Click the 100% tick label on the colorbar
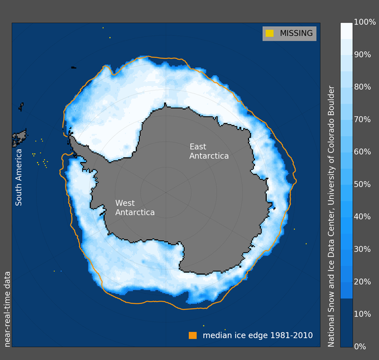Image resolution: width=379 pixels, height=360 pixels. pos(365,22)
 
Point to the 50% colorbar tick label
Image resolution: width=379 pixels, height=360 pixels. pos(362,184)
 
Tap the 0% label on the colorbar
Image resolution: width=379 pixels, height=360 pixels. pos(360,346)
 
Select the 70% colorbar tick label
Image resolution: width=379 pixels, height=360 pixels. pos(362,119)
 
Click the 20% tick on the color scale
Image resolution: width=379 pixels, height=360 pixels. pos(362,282)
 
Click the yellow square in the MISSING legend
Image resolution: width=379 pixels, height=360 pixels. pos(269,33)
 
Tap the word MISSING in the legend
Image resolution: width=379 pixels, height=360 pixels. pos(296,33)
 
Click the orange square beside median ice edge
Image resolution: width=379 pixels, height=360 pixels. pos(192,336)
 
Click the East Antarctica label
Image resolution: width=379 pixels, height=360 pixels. pos(209,151)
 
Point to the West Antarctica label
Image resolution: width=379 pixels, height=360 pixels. pos(135,207)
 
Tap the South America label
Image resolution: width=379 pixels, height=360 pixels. pos(18,178)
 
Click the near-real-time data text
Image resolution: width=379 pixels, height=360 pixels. pos(7,309)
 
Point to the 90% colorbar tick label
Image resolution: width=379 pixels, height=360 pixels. pos(362,54)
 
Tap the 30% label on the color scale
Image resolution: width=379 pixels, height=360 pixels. pos(362,249)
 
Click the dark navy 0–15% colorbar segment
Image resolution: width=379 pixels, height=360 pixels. pos(346,323)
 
